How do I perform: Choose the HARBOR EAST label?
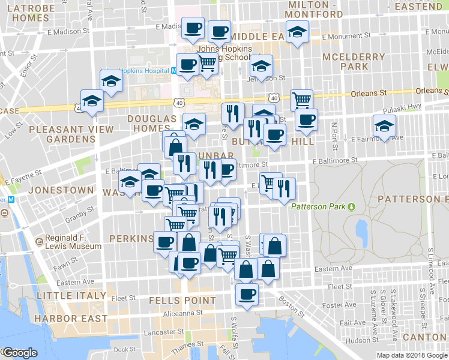tap(71, 319)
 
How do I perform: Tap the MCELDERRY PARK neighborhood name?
tap(354, 61)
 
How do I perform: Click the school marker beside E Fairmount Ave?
tap(384, 126)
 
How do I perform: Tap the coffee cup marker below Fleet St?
tap(247, 294)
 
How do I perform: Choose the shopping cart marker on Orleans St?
tap(301, 99)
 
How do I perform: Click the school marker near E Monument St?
tap(296, 32)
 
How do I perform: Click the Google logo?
tap(20, 353)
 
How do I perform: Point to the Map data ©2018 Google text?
tap(411, 355)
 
